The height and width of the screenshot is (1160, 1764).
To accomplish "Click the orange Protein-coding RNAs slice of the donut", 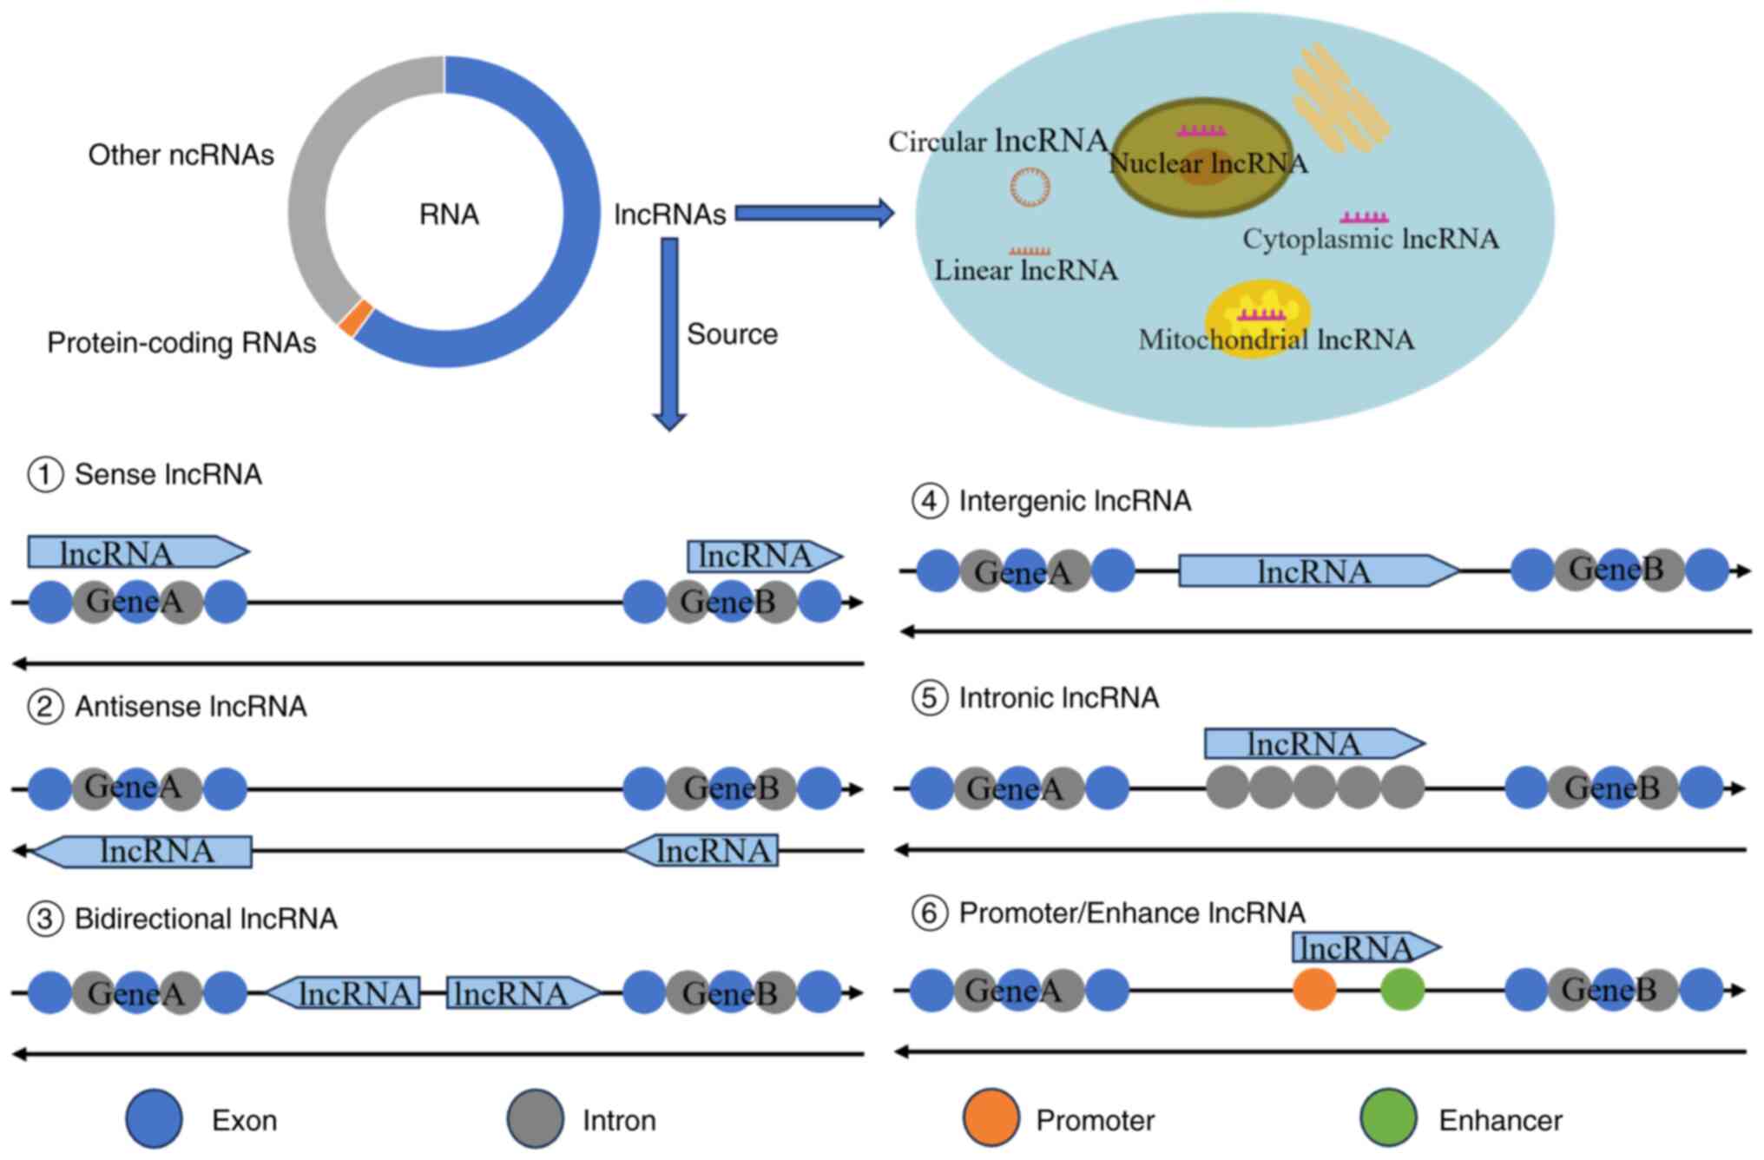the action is click(356, 318).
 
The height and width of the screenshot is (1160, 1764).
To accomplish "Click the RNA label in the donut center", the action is click(449, 214).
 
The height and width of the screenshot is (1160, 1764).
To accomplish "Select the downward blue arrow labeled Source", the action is click(669, 334).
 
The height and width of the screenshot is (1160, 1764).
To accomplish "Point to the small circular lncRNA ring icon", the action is click(1030, 187).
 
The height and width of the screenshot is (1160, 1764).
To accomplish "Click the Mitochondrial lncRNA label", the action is click(1276, 339).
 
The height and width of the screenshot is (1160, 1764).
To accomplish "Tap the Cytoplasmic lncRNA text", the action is click(1371, 239).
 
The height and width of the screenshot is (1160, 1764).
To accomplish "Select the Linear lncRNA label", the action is click(1026, 270).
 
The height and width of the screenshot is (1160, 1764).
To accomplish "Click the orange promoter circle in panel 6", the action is click(1314, 989).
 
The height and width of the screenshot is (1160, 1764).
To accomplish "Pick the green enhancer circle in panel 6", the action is click(1403, 989).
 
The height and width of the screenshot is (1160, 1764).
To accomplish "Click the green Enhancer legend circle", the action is click(1388, 1118).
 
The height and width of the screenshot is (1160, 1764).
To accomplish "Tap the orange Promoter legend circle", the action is click(991, 1118).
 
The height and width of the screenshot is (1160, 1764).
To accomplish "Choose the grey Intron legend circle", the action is click(536, 1118).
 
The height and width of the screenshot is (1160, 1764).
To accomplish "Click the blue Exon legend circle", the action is click(155, 1118).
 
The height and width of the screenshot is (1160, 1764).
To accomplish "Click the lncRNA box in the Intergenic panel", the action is click(1319, 570).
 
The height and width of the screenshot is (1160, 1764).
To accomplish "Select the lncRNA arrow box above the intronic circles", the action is click(1314, 743).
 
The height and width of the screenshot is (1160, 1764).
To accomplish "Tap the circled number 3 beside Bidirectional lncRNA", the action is click(45, 919).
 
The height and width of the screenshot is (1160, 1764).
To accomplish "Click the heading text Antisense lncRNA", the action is click(191, 707).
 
